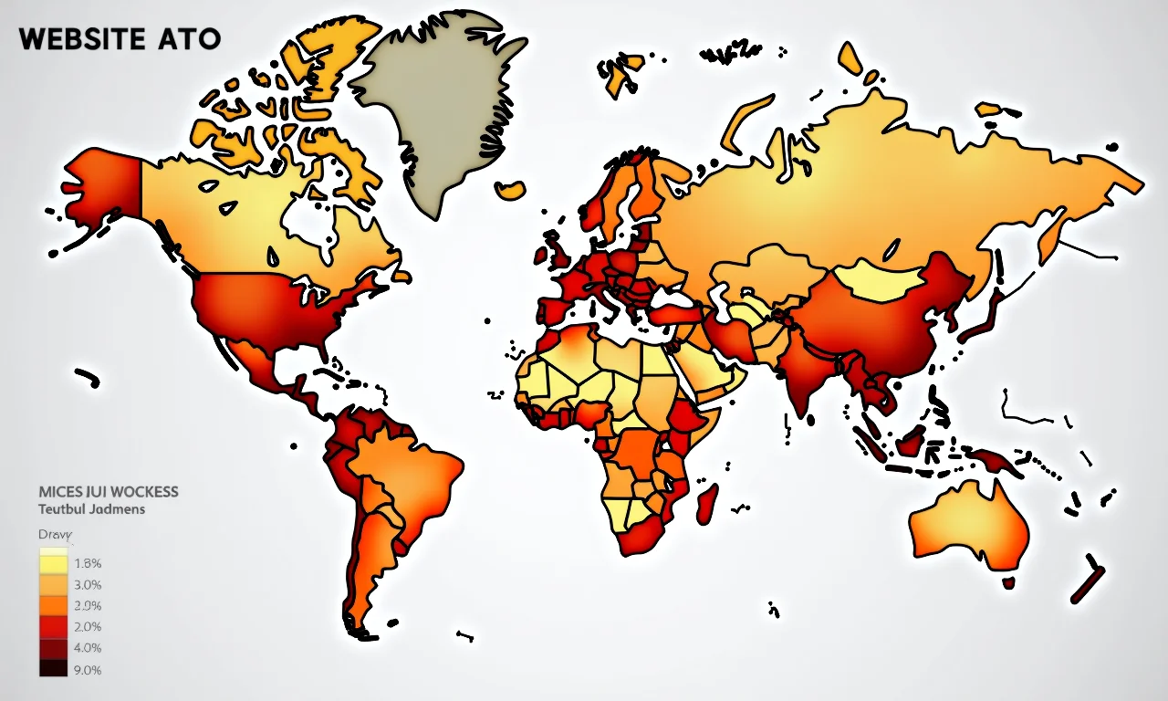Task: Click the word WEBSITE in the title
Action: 80,39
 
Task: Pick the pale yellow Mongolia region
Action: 880,279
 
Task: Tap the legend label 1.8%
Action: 87,563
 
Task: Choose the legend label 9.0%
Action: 87,670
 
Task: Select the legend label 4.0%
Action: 87,648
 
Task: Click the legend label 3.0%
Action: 87,585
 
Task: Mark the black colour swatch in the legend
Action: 53,669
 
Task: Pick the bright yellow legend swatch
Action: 53,564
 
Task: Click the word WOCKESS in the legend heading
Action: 141,492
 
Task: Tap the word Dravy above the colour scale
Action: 55,535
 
